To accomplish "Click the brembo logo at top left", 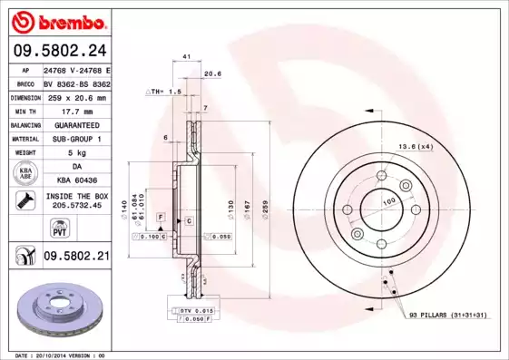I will tap(58, 20).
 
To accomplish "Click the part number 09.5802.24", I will tap(58, 51).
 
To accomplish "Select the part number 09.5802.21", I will tap(76, 258).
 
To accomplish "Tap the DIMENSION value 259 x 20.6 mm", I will tap(76, 97).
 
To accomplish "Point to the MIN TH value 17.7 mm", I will tap(76, 111).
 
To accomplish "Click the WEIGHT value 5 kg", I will tap(76, 153).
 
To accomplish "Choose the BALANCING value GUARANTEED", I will tap(76, 124).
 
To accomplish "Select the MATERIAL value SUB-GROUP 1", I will tap(76, 139).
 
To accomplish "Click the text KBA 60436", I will tap(76, 180).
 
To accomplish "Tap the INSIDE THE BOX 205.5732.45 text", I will tap(76, 200).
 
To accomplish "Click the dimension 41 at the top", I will tap(186, 57).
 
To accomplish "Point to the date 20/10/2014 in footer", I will tap(54, 355).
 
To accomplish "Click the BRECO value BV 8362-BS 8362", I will tap(76, 83).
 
